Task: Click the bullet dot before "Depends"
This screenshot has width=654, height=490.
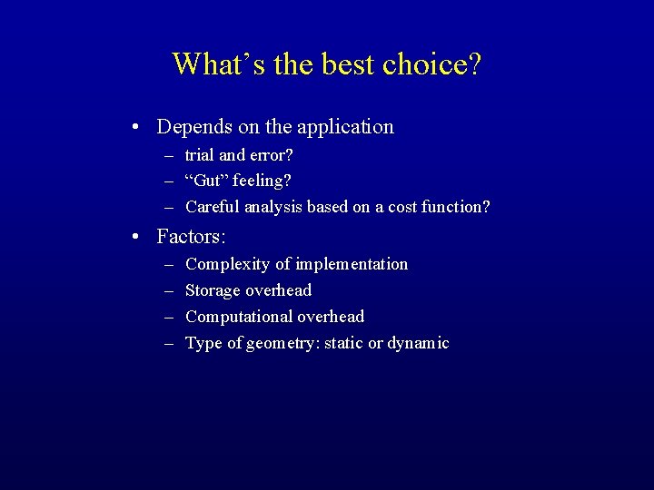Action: click(134, 127)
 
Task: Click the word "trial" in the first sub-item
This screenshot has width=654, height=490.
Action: click(199, 155)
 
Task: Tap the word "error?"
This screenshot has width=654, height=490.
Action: click(269, 155)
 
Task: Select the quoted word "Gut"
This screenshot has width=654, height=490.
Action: click(204, 181)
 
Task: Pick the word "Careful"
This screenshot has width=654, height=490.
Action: click(212, 207)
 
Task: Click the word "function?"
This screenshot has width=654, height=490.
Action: click(457, 207)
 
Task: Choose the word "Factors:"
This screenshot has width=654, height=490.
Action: click(191, 237)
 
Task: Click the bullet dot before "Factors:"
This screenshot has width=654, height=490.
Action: click(134, 237)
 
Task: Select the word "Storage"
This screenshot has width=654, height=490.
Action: click(213, 290)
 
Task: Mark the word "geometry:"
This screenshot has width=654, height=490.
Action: click(281, 343)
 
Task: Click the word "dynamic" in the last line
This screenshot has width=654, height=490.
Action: click(419, 343)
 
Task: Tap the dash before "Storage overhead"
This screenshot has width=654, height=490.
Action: click(169, 290)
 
